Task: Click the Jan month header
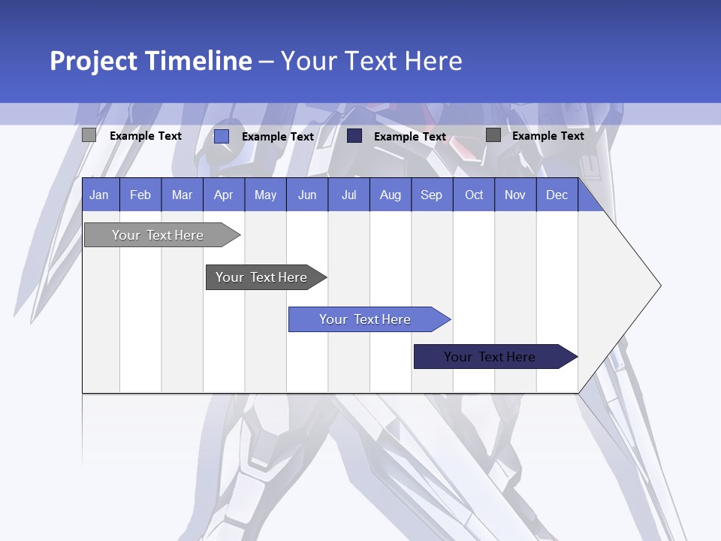pos(99,195)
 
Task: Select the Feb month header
pos(140,195)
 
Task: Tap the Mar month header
pos(182,195)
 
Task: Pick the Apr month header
pos(224,195)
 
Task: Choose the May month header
pos(265,195)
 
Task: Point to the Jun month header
pos(307,195)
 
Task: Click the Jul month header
pos(348,195)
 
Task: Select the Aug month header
pos(391,195)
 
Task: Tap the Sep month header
pos(432,195)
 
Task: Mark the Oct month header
pos(474,195)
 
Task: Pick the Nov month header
pos(515,195)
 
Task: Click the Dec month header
pos(557,195)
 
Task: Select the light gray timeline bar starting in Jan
pos(158,235)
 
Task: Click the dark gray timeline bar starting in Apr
pos(262,277)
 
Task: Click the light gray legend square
pos(89,135)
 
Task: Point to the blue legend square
pos(222,136)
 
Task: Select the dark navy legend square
pos(354,136)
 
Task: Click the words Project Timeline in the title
pos(150,61)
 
